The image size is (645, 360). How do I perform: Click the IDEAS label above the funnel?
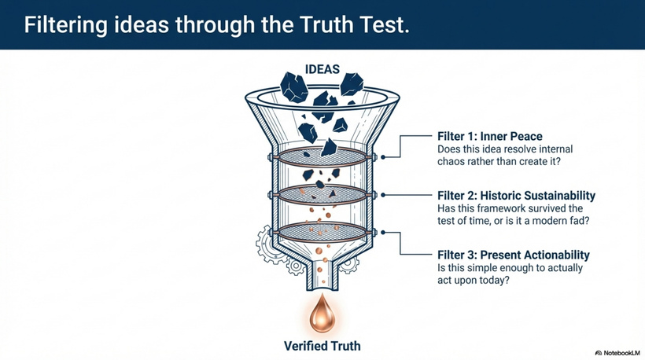(322, 69)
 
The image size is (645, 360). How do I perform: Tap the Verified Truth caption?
(322, 346)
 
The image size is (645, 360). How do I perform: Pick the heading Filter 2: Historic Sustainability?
(516, 195)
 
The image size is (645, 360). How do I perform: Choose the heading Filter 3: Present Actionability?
(514, 255)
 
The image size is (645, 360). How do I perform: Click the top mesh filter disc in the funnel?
(322, 156)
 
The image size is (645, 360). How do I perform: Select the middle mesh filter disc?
(322, 194)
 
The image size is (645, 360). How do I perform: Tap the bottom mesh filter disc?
(322, 232)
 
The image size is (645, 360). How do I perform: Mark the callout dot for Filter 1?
(383, 157)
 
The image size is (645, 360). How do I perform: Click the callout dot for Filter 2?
(383, 195)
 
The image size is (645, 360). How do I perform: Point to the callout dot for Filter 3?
(383, 232)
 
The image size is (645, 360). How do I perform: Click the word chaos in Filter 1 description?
(451, 161)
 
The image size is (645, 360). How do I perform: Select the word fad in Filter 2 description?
(579, 221)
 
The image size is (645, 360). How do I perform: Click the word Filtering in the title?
(66, 25)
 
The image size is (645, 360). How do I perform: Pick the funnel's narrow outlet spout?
(322, 274)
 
